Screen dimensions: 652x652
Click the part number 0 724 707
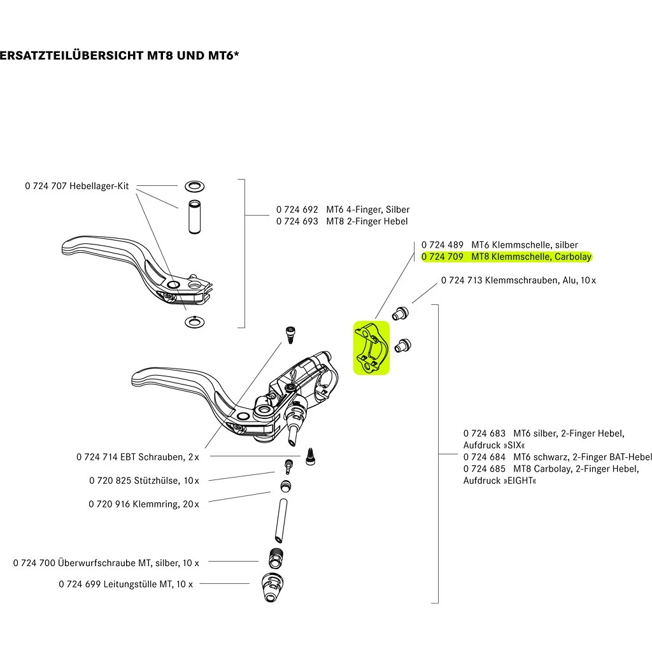pos(46,186)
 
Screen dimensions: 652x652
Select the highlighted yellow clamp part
pos(371,348)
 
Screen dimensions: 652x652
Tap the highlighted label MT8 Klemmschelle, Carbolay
pos(531,257)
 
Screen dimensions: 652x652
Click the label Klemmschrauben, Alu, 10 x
pos(540,280)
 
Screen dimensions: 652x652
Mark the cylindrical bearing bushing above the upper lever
pos(194,217)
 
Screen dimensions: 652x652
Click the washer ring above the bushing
pos(194,187)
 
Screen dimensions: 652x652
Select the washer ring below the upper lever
pos(193,321)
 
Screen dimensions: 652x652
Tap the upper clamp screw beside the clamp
pos(400,312)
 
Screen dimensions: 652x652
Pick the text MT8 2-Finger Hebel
pos(367,221)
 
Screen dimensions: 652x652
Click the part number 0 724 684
pos(485,457)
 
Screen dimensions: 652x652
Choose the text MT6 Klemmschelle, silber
pos(525,245)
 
